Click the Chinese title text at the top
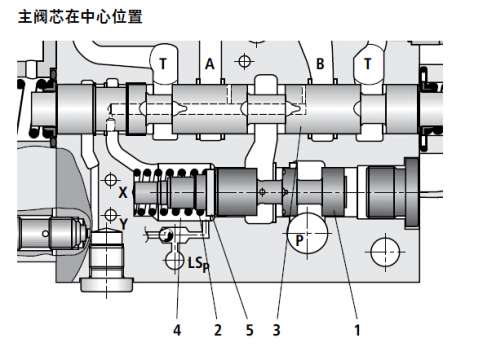click(80, 17)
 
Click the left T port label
click(163, 63)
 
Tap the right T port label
click(367, 63)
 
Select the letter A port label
click(209, 64)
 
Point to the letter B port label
click(320, 64)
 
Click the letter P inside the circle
click(300, 240)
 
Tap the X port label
click(123, 193)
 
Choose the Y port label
click(124, 224)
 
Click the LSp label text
click(199, 264)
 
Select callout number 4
click(177, 330)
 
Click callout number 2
click(218, 330)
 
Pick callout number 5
click(250, 330)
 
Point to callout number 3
click(276, 330)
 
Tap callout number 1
click(357, 330)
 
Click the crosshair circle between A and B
click(244, 61)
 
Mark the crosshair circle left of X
click(110, 180)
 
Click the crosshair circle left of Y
click(110, 215)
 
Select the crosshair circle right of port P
click(385, 252)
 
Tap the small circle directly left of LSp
click(174, 260)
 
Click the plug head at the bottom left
click(107, 286)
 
